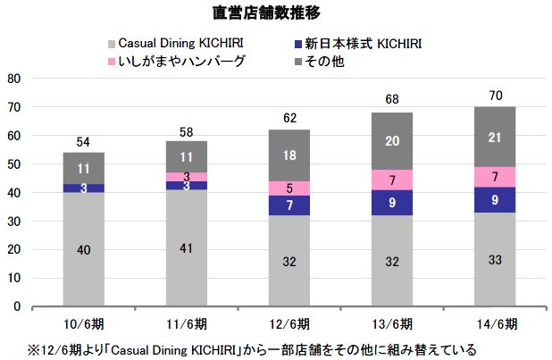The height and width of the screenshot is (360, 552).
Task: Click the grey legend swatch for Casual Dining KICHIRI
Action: click(x=111, y=44)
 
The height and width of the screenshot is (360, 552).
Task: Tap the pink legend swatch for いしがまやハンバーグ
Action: click(x=111, y=61)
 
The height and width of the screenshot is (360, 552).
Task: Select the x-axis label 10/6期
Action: click(x=83, y=322)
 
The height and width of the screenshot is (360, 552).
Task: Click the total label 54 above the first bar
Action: click(x=83, y=143)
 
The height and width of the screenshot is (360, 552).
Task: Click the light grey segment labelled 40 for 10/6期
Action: click(x=83, y=249)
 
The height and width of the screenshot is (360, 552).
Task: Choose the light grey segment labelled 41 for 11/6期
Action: click(x=185, y=247)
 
